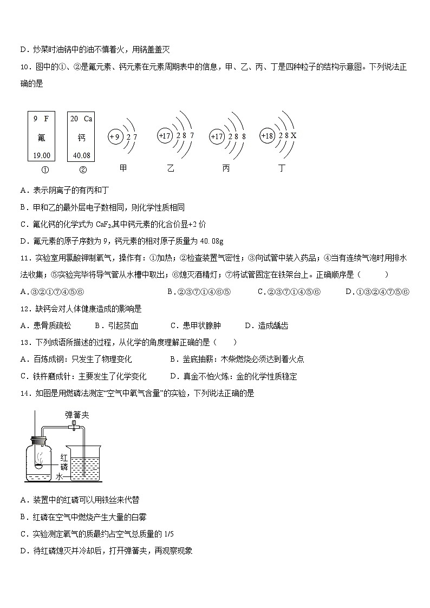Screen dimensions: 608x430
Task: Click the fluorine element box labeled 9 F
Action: point(41,136)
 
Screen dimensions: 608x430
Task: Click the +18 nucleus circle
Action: point(268,136)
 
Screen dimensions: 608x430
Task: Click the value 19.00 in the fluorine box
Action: point(41,155)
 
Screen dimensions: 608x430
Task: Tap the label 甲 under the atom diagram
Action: point(123,168)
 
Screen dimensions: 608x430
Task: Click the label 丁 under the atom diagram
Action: point(281,168)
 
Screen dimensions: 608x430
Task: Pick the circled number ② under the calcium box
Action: point(82,169)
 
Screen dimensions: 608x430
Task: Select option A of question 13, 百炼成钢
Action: point(75,359)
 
